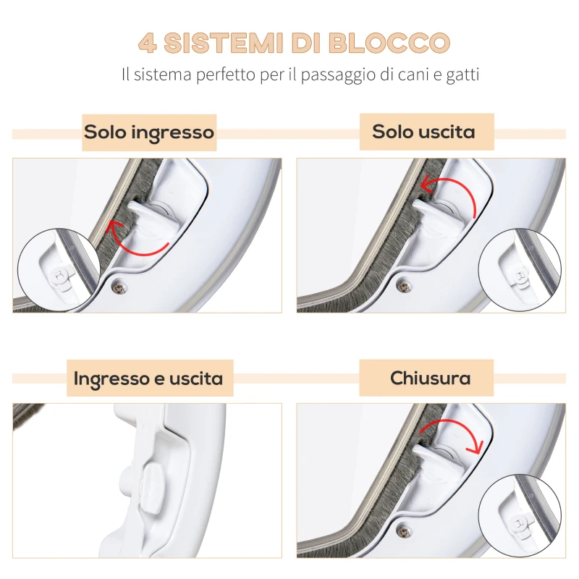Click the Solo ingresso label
coord(149,132)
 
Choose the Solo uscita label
coord(423,132)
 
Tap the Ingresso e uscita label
coord(148,378)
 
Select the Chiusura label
coord(430,378)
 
